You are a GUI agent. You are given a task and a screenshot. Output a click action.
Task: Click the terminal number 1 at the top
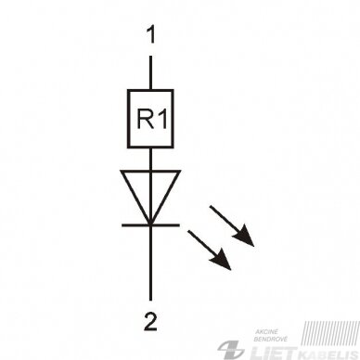coord(151,34)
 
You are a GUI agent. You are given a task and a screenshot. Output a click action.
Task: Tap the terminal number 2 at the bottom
coord(150,322)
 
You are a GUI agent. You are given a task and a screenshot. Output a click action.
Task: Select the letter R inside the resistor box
coord(146,120)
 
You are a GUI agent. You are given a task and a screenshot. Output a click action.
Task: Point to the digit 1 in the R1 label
coord(163,120)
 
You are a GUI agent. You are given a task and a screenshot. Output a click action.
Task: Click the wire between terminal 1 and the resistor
coord(150,72)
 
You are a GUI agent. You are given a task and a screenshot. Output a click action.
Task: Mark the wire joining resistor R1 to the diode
coord(150,159)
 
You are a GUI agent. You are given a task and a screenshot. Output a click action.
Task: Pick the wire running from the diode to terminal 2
coord(150,263)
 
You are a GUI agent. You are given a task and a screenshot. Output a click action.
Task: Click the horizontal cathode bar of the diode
coord(150,225)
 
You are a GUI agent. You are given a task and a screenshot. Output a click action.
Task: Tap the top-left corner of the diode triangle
coord(122,171)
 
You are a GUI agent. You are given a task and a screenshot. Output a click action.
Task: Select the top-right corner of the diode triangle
coord(180,171)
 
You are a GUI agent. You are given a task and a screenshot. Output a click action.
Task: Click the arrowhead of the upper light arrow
coord(245,237)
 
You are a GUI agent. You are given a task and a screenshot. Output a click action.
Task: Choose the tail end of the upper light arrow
coord(211,206)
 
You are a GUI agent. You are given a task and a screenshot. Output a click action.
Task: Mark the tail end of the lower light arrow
coord(188,231)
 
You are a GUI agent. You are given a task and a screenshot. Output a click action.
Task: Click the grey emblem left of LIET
coord(230,350)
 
